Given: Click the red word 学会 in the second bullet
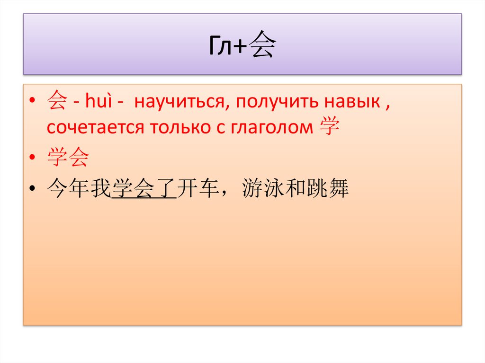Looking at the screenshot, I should click(68, 159).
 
